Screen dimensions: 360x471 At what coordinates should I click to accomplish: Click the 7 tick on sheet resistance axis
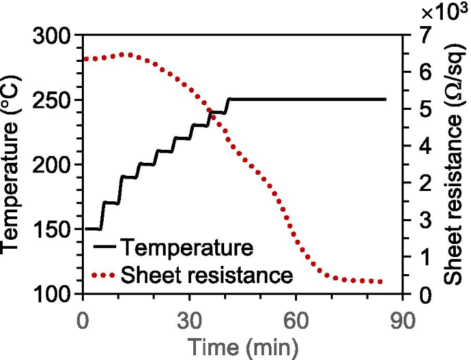(x=424, y=36)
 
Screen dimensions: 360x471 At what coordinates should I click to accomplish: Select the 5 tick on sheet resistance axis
(x=424, y=110)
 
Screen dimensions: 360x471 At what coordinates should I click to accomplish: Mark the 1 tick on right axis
(x=424, y=258)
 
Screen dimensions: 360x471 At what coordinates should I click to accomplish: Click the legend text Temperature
(x=187, y=247)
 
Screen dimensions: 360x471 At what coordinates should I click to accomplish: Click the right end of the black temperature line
(x=385, y=100)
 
